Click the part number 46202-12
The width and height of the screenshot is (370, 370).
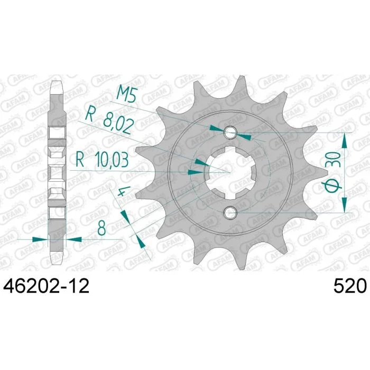[46, 286]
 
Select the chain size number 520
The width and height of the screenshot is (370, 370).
[350, 286]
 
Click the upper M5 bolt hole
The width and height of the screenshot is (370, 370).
[230, 133]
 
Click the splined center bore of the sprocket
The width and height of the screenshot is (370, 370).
[230, 172]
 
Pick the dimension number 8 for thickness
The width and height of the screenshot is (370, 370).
[101, 228]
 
